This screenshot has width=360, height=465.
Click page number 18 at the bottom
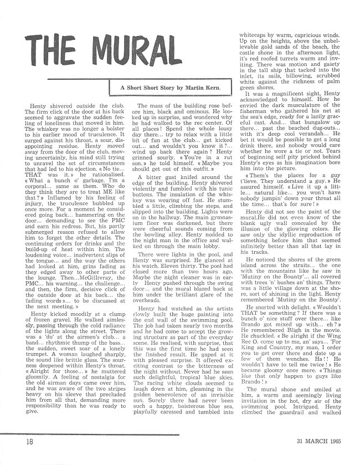click(14, 441)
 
